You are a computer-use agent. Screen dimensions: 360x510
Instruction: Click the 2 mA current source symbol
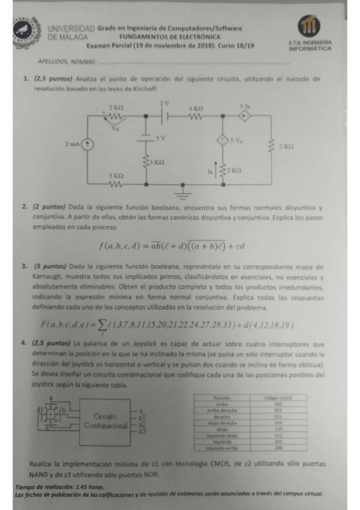(88, 144)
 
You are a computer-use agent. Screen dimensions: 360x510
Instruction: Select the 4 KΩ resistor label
(195, 108)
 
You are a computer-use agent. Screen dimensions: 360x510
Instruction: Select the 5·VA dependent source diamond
(222, 141)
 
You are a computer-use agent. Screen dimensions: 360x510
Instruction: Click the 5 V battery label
(160, 138)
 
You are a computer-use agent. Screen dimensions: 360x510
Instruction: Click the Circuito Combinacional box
(109, 420)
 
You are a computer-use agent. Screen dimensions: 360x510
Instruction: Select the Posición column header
(222, 398)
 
